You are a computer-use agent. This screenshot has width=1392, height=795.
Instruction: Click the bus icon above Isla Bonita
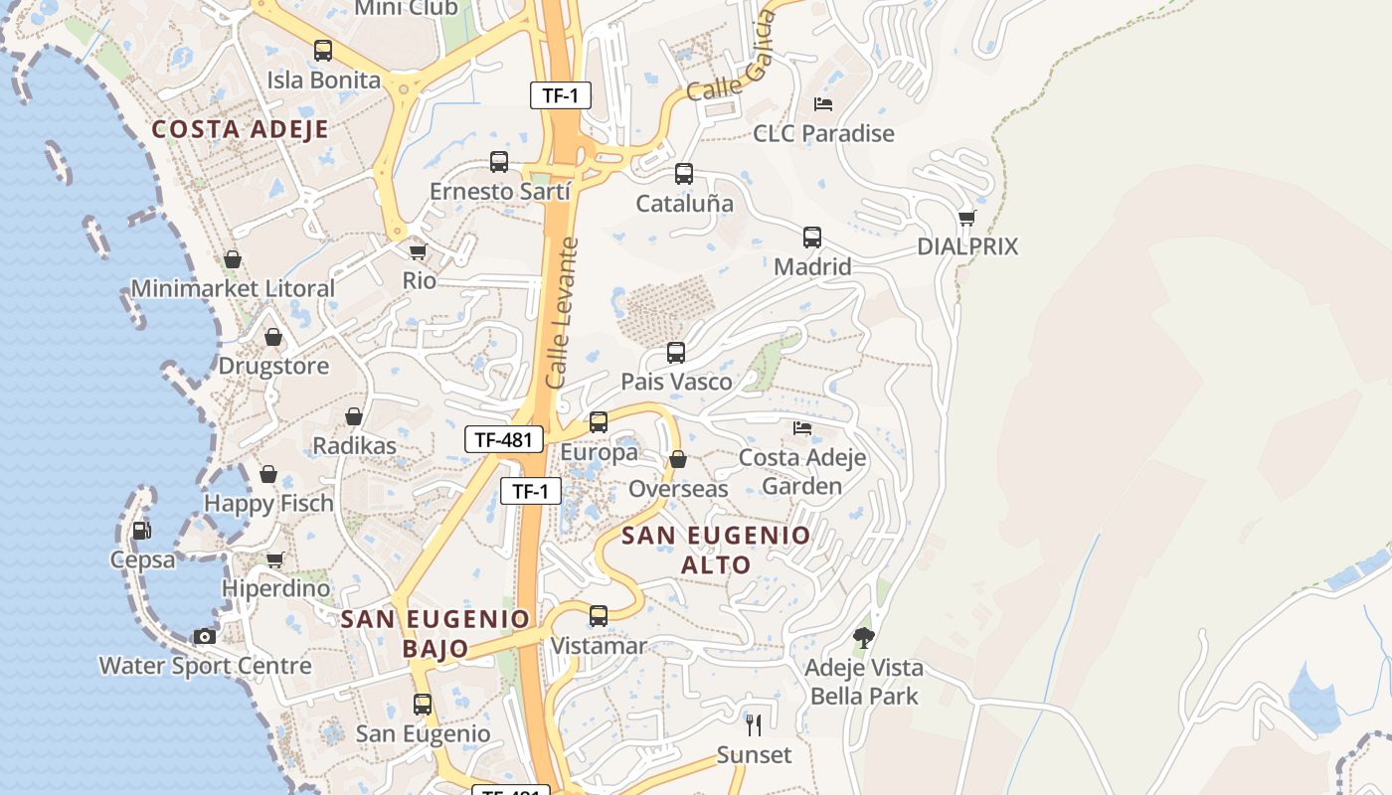coord(323,51)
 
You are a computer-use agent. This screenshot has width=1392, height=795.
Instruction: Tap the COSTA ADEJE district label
coord(240,129)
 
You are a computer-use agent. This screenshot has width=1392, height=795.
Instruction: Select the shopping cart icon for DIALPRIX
coord(966,218)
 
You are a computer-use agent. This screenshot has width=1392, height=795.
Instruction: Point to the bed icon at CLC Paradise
coord(823,103)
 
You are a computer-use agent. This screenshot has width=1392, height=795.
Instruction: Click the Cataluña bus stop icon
coord(684,174)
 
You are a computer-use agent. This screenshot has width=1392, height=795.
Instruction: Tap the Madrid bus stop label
coord(812,266)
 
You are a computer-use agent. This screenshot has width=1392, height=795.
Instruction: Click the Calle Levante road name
coord(562,312)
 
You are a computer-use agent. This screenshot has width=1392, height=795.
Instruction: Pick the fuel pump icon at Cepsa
coord(142,531)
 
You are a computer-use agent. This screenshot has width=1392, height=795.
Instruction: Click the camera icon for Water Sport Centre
coord(205,636)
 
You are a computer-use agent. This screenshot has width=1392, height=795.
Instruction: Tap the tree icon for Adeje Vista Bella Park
coord(863,638)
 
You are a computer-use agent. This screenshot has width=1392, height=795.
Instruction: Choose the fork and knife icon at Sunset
coord(754,725)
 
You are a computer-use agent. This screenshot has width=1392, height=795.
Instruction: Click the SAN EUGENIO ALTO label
coord(716,551)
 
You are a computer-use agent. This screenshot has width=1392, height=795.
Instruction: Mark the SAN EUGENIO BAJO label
coord(435,634)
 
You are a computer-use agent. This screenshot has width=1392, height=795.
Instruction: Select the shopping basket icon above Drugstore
coord(273,338)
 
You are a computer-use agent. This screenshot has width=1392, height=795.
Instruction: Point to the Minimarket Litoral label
coord(233,289)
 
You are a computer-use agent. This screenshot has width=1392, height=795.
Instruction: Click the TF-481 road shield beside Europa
coord(504,439)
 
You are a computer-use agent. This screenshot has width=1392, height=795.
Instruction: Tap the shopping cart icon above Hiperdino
coord(275,560)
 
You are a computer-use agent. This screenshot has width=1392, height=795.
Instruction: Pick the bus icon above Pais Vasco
coord(676,353)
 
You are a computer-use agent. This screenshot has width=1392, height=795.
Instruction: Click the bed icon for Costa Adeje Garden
coord(802,428)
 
